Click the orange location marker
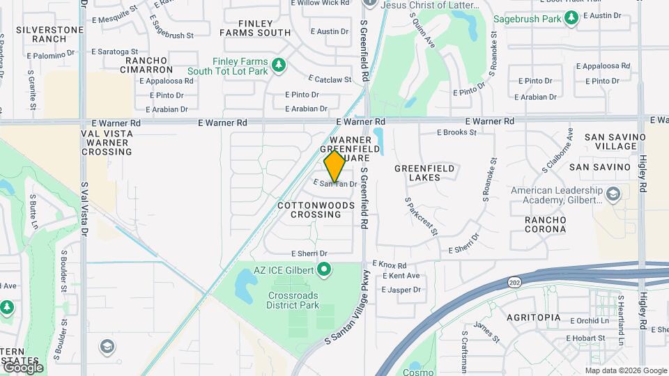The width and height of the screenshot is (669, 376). pos(335,166)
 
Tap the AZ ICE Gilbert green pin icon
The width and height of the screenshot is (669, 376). pos(324,269)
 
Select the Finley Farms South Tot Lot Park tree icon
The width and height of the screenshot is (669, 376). pos(279,65)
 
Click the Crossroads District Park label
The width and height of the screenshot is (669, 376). pos(293,300)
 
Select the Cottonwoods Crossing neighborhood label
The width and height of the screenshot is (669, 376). pos(316,210)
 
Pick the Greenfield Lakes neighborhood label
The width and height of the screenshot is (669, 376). pos(424,173)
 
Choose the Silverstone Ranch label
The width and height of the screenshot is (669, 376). pos(40,34)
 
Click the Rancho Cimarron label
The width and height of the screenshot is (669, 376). pos(149,65)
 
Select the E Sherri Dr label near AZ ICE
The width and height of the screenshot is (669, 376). pos(309,253)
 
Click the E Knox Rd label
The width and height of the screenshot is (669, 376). pos(390,265)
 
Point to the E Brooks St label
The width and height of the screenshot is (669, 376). pos(456,132)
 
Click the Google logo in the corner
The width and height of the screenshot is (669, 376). pos(23,367)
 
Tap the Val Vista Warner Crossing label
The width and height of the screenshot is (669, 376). pos(106,142)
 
